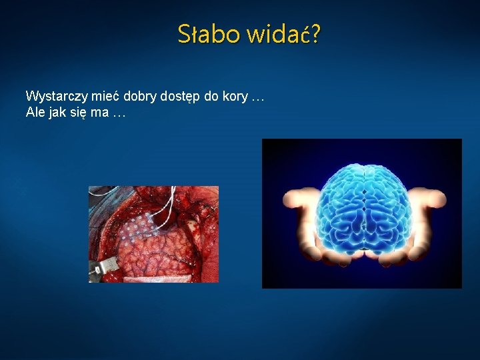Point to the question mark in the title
[x=314, y=33]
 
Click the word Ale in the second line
[x=35, y=113]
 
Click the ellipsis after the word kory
[x=258, y=97]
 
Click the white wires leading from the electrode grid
[x=167, y=204]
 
